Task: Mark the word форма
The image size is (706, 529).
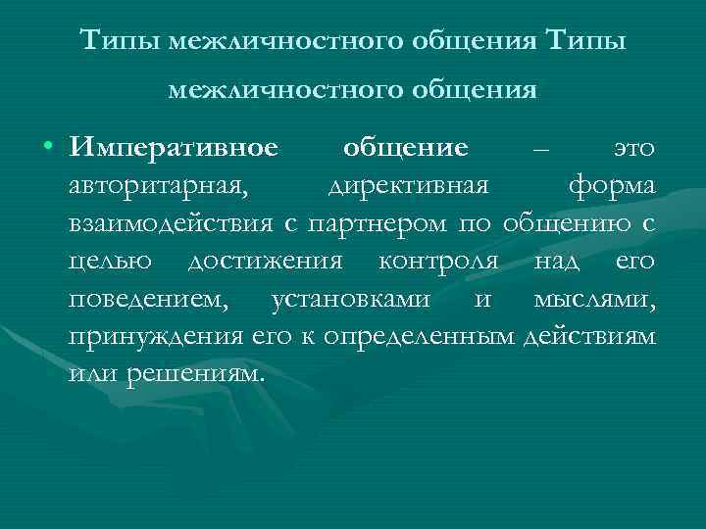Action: coord(611,187)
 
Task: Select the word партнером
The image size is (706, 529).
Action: coord(378,224)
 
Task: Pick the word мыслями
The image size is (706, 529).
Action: coord(594,299)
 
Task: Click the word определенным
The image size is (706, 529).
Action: coord(433,336)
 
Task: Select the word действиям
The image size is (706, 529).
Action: coord(590,336)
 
